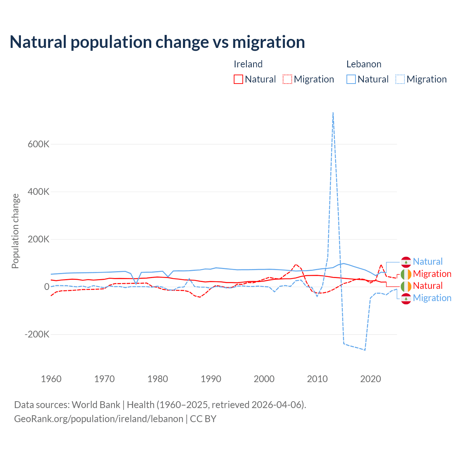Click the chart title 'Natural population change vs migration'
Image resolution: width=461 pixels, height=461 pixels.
(157, 42)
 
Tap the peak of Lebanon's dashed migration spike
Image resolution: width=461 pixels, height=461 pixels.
(333, 113)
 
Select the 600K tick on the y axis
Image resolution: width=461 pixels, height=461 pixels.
(39, 144)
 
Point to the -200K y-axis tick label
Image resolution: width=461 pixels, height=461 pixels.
(37, 334)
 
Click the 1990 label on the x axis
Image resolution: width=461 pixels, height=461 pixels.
(211, 379)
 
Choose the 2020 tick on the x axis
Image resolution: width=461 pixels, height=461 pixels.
(371, 379)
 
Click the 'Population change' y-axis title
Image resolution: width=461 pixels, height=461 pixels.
(15, 231)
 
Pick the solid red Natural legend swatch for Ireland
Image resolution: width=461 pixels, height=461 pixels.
(238, 79)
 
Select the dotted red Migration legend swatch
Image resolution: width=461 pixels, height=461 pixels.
(287, 79)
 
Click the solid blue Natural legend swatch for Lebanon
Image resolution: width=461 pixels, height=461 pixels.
(351, 79)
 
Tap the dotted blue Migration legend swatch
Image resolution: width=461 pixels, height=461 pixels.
(400, 79)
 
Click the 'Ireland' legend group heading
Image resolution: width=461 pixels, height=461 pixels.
(248, 64)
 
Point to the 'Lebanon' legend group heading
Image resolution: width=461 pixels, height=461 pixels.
(364, 64)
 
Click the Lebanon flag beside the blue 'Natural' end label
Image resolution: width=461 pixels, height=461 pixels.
(406, 262)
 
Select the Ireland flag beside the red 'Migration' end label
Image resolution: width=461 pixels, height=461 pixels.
(406, 274)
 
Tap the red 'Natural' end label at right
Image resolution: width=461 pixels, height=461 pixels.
(428, 286)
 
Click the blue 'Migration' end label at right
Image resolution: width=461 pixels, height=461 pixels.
(432, 298)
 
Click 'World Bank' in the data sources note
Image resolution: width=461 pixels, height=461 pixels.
(96, 405)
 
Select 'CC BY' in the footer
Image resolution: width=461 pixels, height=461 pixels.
(203, 419)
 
